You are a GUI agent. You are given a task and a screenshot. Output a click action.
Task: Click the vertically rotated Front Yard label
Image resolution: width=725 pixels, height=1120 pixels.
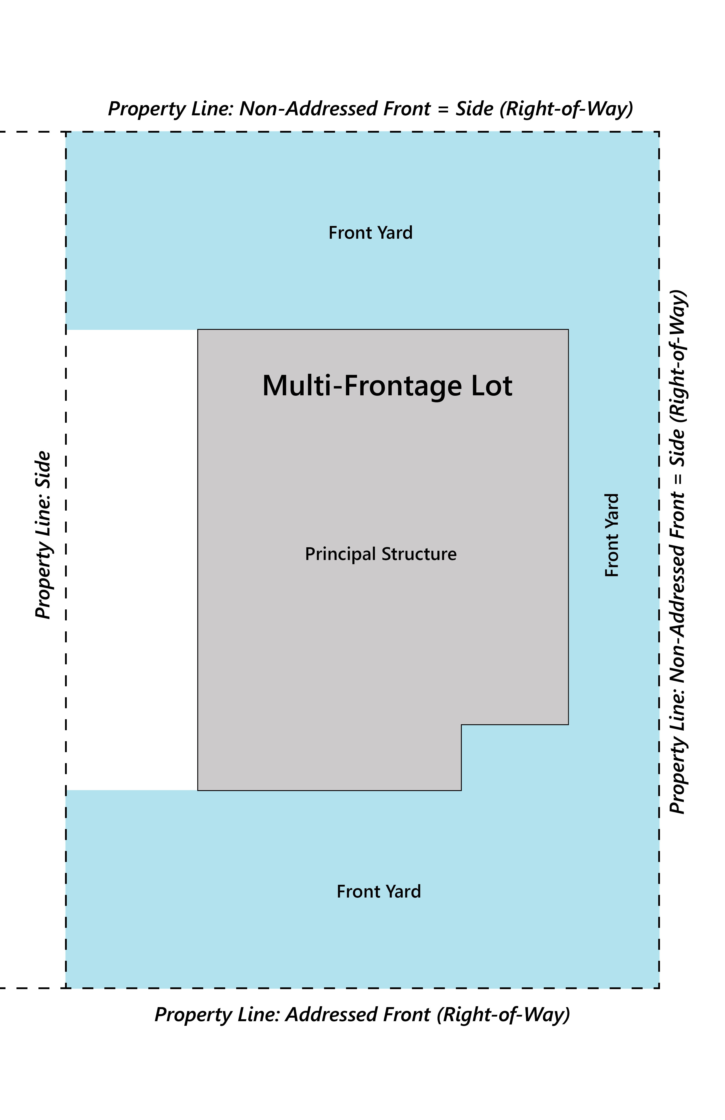612,535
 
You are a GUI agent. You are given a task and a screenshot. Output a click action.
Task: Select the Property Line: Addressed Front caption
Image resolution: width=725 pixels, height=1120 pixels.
362,1015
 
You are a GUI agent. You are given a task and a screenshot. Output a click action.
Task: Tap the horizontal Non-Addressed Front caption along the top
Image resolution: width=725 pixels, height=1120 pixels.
370,109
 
